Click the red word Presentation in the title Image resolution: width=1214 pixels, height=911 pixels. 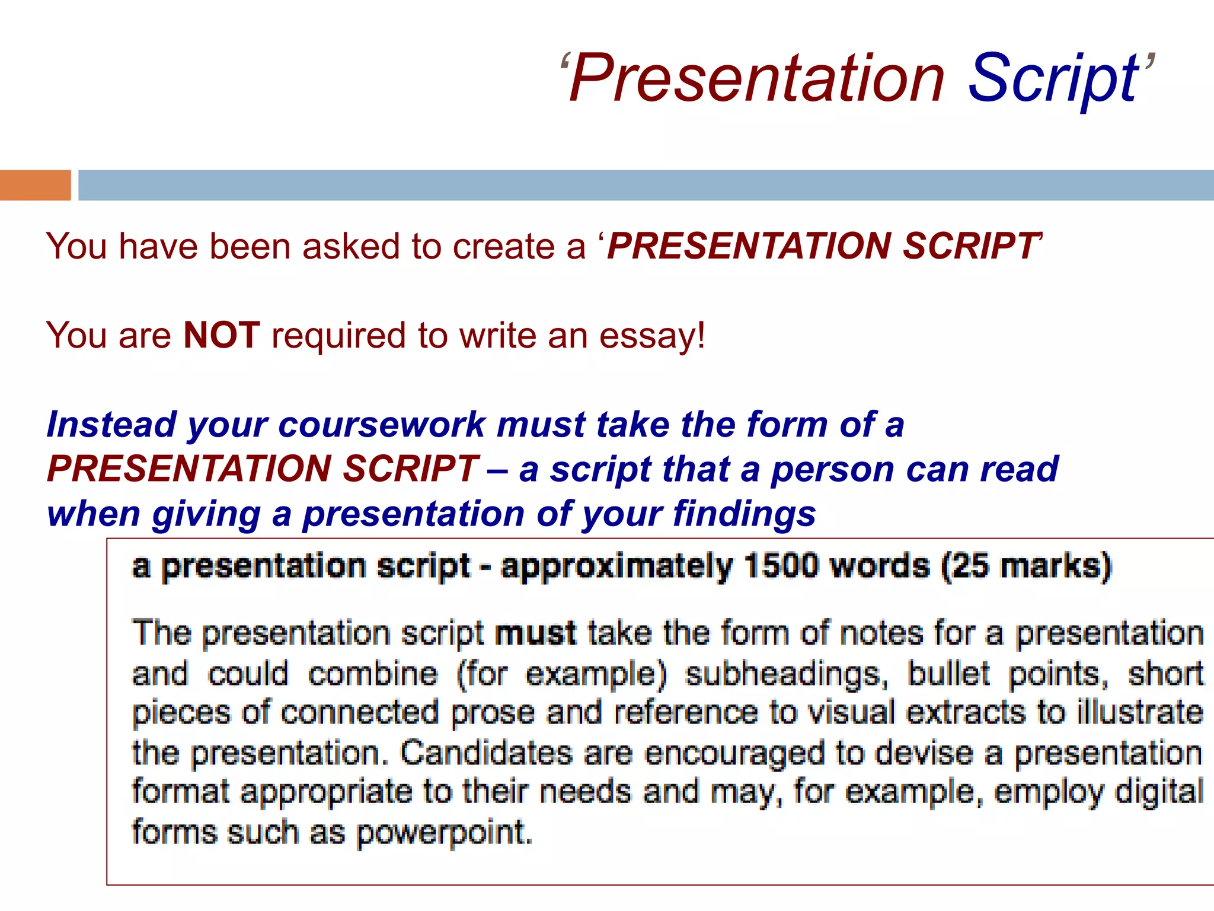[756, 78]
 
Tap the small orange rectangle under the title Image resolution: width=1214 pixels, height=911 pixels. [35, 185]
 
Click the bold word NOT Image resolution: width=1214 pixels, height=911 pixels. [222, 335]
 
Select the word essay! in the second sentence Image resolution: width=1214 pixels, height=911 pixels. [652, 336]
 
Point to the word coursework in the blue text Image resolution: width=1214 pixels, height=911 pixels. [382, 425]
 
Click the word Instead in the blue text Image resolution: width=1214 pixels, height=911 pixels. [111, 425]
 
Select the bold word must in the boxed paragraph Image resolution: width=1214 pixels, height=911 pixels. [535, 633]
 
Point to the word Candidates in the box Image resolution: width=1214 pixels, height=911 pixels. [486, 753]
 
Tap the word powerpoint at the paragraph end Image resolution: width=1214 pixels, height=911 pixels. [445, 833]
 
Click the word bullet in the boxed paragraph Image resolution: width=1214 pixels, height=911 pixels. [948, 674]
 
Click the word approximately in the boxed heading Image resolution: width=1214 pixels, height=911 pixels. [616, 566]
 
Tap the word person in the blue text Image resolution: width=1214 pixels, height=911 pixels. [833, 470]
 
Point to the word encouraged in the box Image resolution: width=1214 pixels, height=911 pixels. [734, 753]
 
